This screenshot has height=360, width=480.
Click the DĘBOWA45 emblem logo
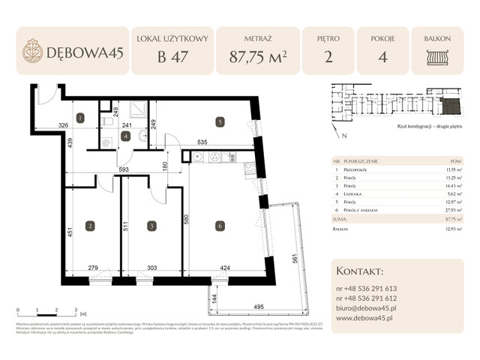(x=32, y=51)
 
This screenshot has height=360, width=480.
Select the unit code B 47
(x=172, y=57)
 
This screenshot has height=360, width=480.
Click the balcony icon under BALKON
(x=436, y=58)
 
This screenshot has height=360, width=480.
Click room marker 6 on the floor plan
(x=219, y=225)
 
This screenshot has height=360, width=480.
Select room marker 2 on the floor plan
(x=89, y=225)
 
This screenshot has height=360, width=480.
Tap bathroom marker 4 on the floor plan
(x=125, y=136)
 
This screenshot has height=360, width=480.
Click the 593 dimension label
(x=125, y=169)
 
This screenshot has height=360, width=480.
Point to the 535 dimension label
(x=202, y=140)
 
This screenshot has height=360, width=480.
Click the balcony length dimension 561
(x=295, y=259)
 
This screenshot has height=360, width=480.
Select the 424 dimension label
(x=224, y=268)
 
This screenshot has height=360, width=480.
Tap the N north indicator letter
(x=343, y=136)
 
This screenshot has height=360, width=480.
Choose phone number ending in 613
(x=367, y=288)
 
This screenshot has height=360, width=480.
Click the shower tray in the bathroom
(x=139, y=109)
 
